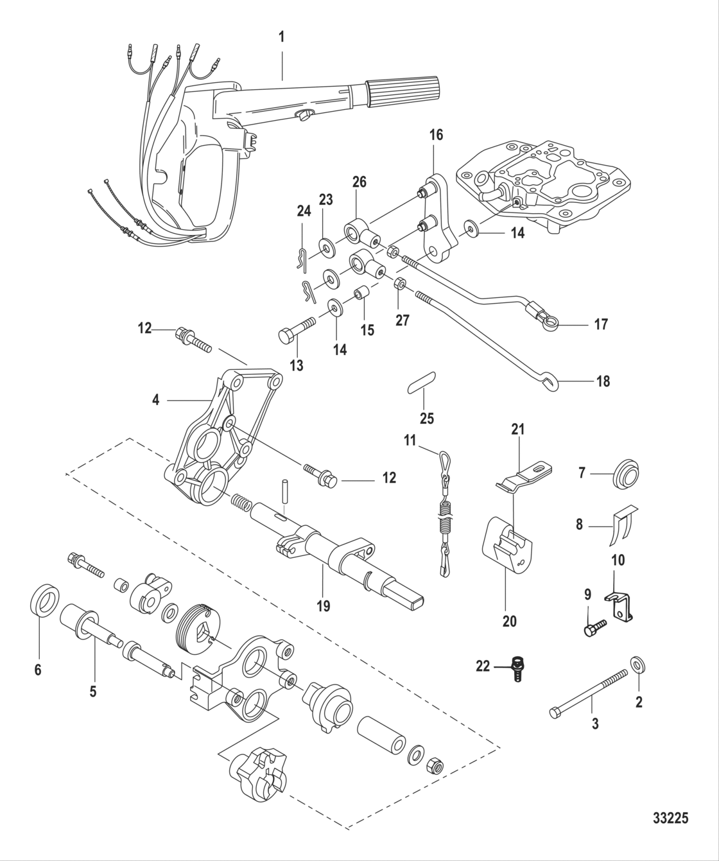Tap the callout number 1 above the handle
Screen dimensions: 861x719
pyautogui.click(x=281, y=37)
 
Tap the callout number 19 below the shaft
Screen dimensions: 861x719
pyautogui.click(x=324, y=605)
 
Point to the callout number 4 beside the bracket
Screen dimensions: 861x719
pyautogui.click(x=155, y=400)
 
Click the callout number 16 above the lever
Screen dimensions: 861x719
pyautogui.click(x=436, y=135)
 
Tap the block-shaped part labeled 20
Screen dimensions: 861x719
pyautogui.click(x=507, y=543)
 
